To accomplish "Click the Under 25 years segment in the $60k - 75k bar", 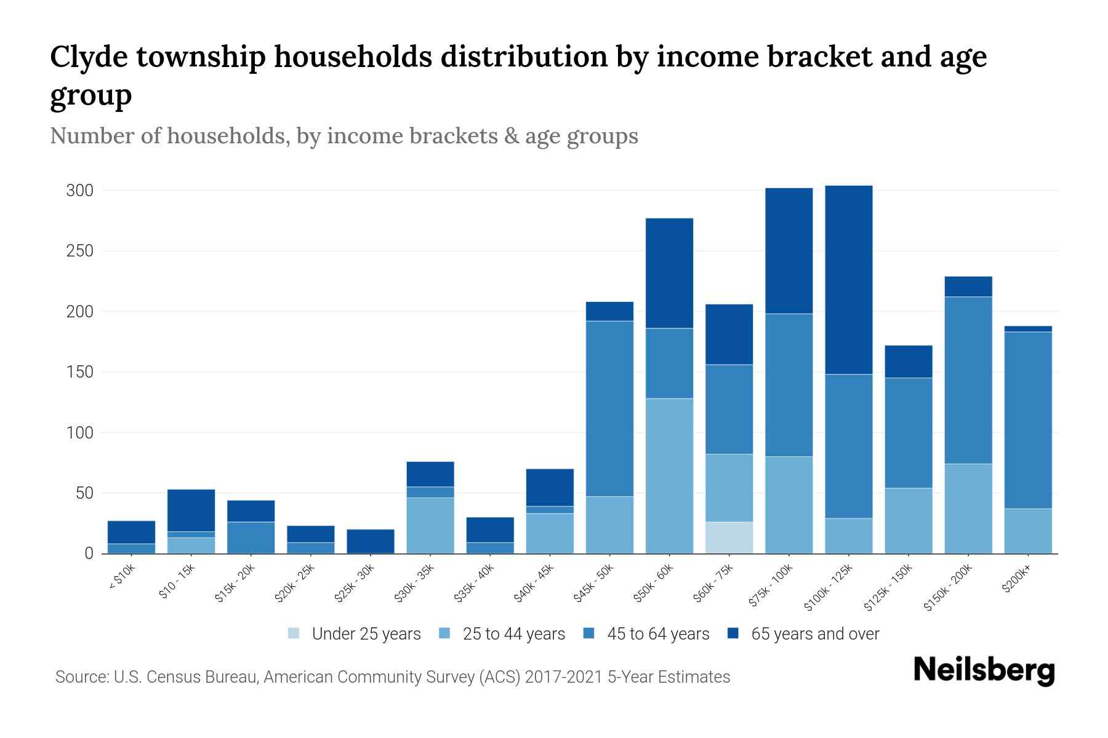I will point(729,538).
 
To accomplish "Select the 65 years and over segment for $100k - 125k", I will point(849,280).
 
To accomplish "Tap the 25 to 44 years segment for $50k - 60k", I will point(669,476).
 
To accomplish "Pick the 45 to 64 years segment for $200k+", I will point(1028,420).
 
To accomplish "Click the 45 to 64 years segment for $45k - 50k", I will point(609,408).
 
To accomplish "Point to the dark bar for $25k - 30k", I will point(371,541).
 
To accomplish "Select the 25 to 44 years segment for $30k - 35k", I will point(430,525).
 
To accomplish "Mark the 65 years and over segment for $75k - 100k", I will point(789,251).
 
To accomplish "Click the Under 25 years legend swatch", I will point(294,633).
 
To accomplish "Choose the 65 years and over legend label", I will point(815,634).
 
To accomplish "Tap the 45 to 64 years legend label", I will point(658,634).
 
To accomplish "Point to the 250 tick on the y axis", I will point(79,251).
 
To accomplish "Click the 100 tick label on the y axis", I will point(79,433).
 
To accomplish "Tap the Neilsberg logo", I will point(984,670).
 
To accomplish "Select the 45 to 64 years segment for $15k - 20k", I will point(251,538).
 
